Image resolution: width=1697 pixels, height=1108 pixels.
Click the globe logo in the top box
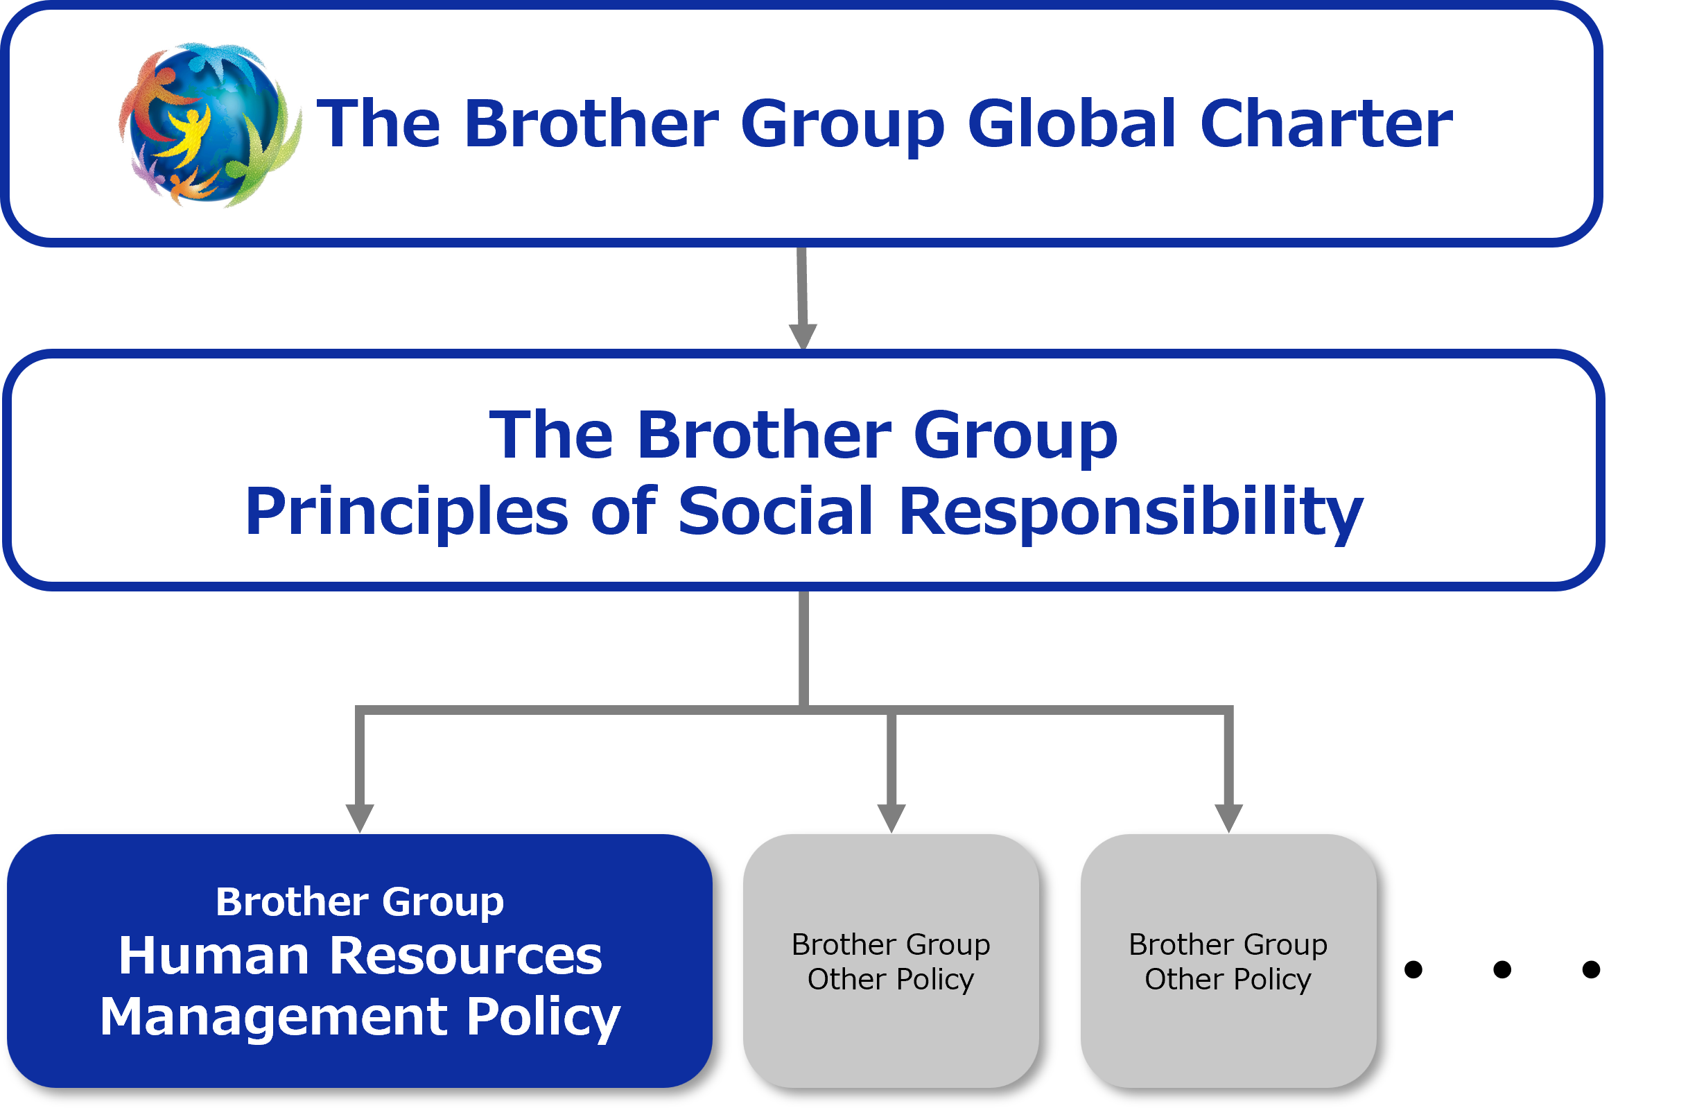(x=209, y=125)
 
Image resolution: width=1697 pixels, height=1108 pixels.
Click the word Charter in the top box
(x=1326, y=125)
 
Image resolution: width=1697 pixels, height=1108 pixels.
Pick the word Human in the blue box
(x=214, y=956)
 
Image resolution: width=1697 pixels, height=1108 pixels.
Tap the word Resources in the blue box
(x=466, y=956)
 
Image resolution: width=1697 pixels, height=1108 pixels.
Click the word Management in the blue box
(x=274, y=1016)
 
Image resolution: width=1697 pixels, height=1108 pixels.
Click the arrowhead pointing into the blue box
(x=359, y=817)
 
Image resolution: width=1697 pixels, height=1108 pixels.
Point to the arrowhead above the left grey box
(x=891, y=817)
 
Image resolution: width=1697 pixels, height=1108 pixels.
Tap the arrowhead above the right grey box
(x=1228, y=817)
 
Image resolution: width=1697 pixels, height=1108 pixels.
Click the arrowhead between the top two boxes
(x=803, y=335)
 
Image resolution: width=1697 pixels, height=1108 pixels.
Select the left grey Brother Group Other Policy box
(x=891, y=961)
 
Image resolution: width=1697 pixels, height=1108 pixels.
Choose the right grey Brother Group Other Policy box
(x=1228, y=961)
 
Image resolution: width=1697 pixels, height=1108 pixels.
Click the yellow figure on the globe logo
(x=186, y=135)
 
